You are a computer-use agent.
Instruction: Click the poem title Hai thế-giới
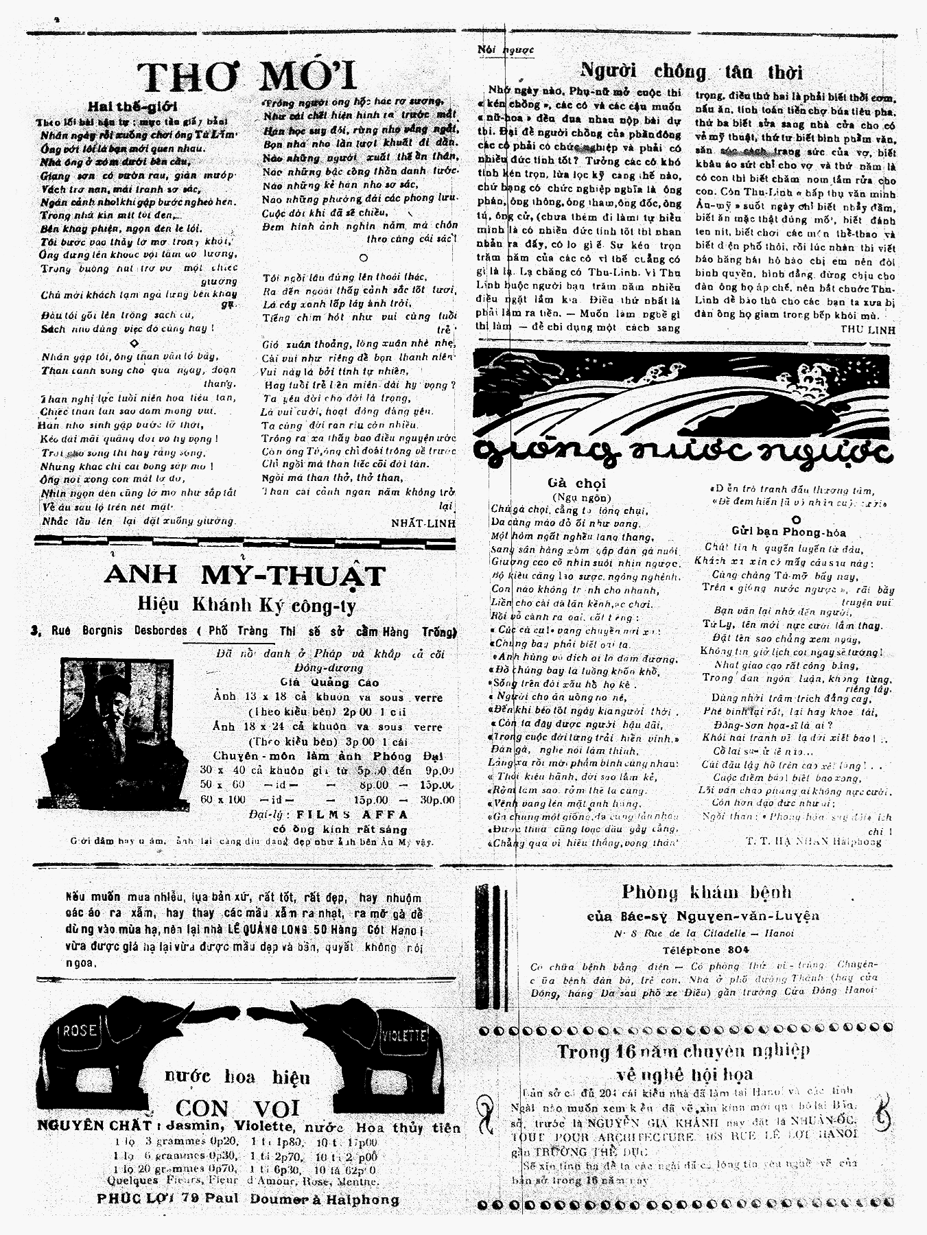(132, 106)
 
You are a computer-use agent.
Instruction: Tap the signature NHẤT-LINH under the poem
(423, 522)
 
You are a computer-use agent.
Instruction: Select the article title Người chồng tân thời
(691, 71)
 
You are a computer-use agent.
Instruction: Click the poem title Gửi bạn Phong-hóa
(788, 532)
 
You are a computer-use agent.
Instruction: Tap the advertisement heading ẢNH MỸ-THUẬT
(245, 575)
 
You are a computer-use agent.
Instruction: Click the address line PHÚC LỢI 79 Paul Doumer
(248, 1199)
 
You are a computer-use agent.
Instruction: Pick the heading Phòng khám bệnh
(706, 893)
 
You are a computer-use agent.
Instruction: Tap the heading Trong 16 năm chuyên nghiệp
(683, 1050)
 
